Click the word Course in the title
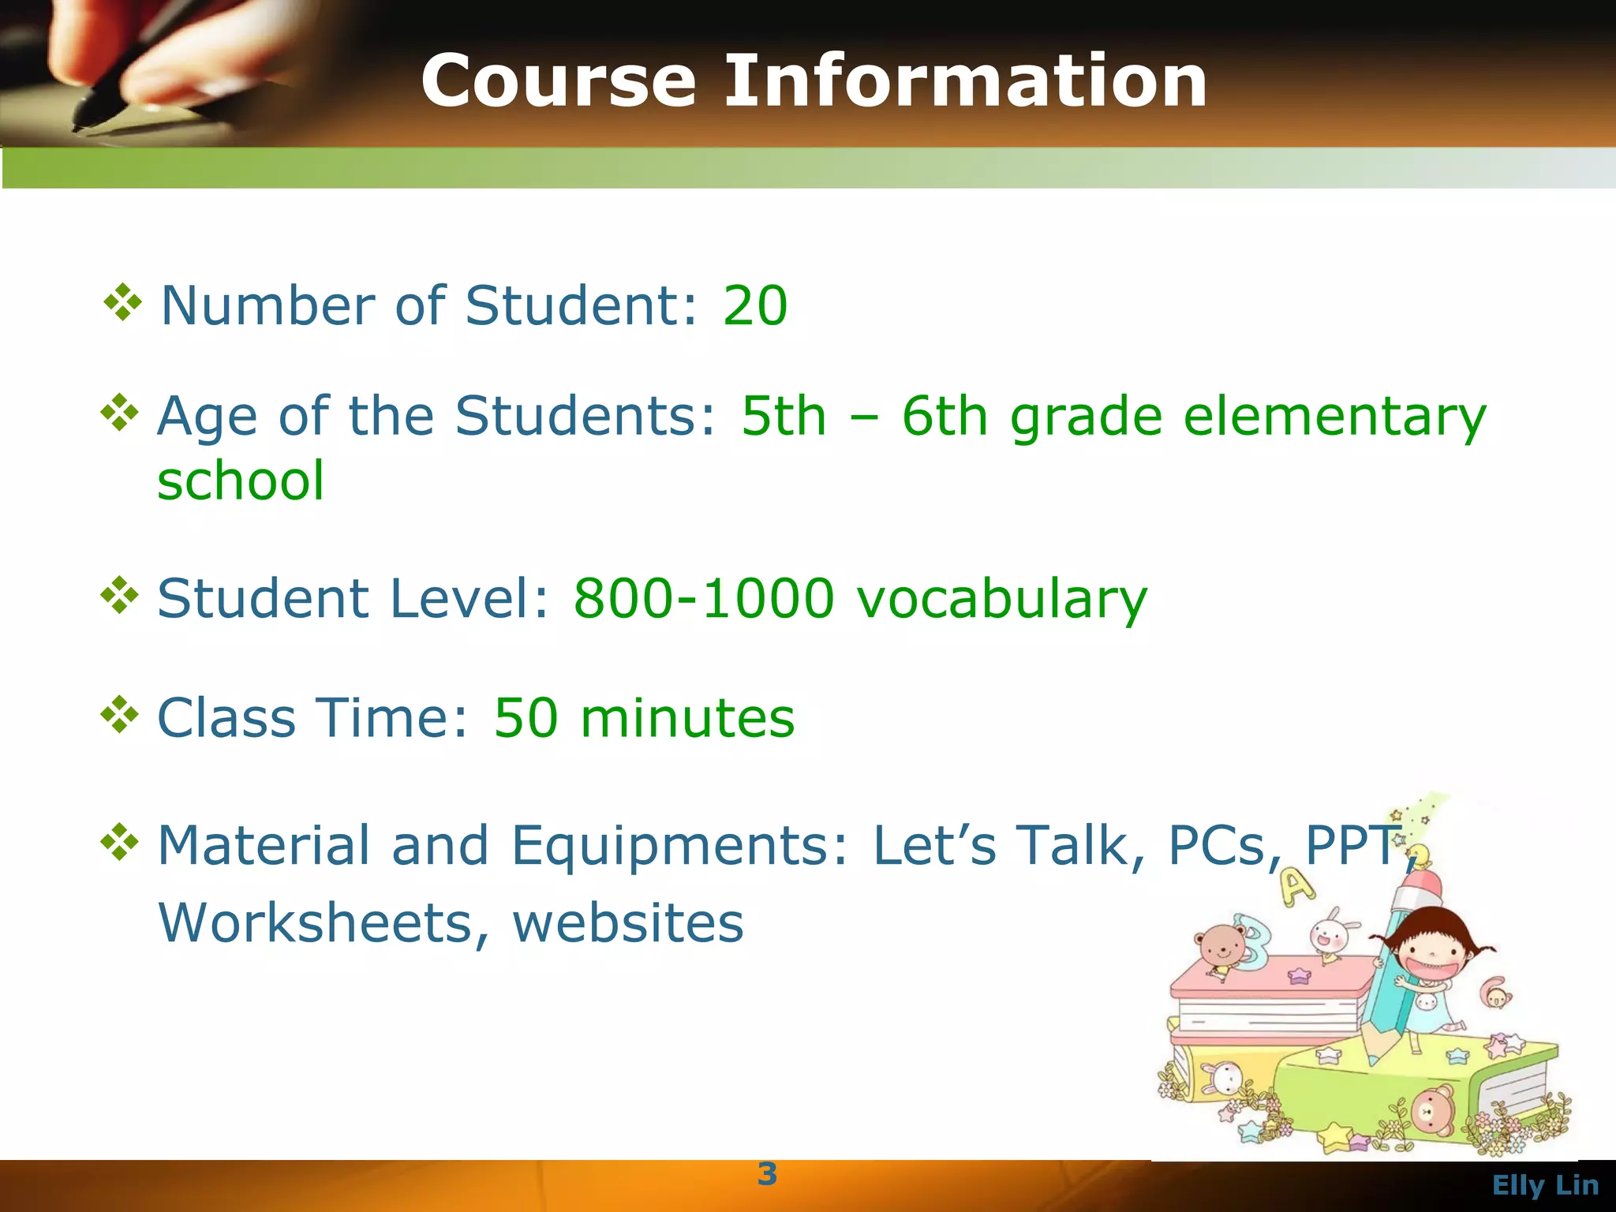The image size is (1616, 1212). [559, 80]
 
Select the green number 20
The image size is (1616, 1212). [755, 305]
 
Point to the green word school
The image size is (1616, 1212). [241, 481]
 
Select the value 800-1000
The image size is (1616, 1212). [703, 598]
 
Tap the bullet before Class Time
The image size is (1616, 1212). [120, 714]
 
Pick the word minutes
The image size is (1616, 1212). [687, 718]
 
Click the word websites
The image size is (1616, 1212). [628, 922]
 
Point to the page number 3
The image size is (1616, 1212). [767, 1174]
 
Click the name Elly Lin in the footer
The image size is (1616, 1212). [1545, 1185]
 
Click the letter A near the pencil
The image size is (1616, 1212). [1296, 887]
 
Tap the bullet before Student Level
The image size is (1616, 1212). [120, 595]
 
